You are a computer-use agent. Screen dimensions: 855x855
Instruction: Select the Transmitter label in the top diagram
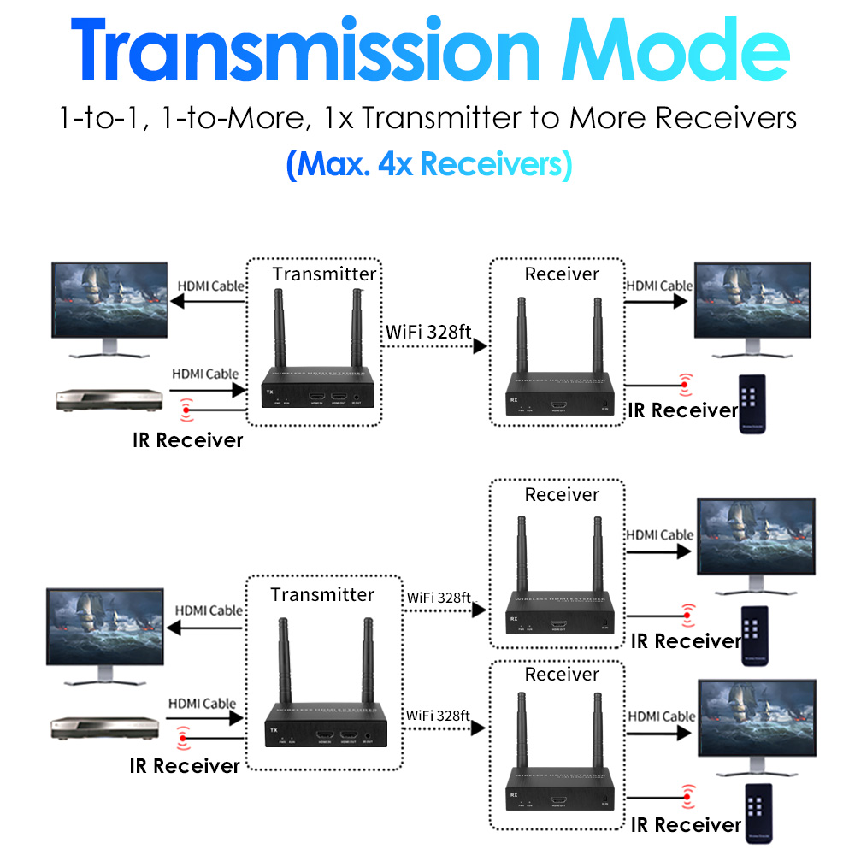pyautogui.click(x=324, y=274)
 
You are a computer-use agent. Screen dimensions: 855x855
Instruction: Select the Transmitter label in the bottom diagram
pyautogui.click(x=322, y=594)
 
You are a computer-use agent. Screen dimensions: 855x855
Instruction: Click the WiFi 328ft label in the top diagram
pyautogui.click(x=428, y=331)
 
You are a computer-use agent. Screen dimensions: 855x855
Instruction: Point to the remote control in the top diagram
pyautogui.click(x=752, y=404)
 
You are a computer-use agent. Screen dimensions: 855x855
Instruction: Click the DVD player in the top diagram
pyautogui.click(x=109, y=399)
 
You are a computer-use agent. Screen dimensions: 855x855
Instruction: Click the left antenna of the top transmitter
pyautogui.click(x=280, y=329)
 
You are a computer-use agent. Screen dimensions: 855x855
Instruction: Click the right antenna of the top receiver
pyautogui.click(x=596, y=337)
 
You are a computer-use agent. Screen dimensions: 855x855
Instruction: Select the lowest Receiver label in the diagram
pyautogui.click(x=562, y=675)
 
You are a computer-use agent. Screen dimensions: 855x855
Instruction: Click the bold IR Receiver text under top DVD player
pyautogui.click(x=187, y=440)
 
